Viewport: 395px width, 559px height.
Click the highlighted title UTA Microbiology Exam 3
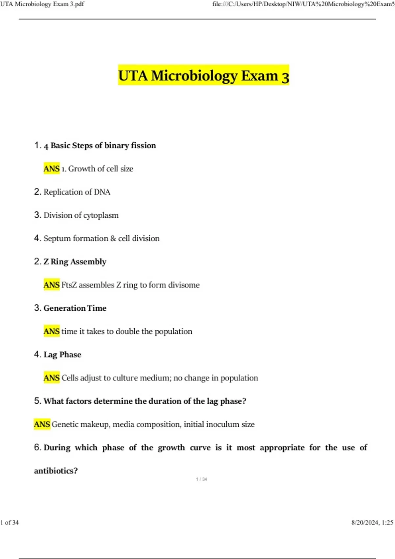click(203, 75)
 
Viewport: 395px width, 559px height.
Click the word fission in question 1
click(143, 145)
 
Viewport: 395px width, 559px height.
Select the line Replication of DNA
click(77, 192)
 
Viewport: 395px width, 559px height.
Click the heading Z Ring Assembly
click(75, 262)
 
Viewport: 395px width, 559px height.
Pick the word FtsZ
click(69, 285)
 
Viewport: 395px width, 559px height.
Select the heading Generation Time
click(75, 308)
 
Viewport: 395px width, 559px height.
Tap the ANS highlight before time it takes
click(52, 331)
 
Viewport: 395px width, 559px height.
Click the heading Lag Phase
click(62, 354)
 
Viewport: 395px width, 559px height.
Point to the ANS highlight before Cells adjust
click(52, 378)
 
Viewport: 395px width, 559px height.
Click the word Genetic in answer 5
click(65, 424)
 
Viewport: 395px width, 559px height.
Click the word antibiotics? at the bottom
click(56, 471)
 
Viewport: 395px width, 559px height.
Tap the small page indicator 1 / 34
click(201, 479)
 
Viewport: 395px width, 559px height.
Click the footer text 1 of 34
click(10, 523)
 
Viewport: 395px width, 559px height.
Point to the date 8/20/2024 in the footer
click(365, 523)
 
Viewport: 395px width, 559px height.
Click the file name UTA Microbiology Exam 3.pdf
click(42, 4)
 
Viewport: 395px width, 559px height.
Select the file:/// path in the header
click(303, 4)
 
